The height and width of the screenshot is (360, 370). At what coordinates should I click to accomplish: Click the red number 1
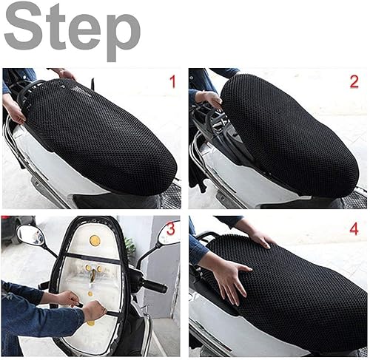pos(172,81)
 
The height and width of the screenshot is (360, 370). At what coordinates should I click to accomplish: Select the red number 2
pos(354,81)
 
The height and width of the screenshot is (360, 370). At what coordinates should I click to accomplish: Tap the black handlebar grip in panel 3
pos(153,285)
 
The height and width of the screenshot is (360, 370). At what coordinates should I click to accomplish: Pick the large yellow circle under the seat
pos(94,240)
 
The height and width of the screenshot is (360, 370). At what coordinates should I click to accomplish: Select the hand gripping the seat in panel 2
pos(209,99)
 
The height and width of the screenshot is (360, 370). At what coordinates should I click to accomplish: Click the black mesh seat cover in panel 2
pos(289,133)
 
